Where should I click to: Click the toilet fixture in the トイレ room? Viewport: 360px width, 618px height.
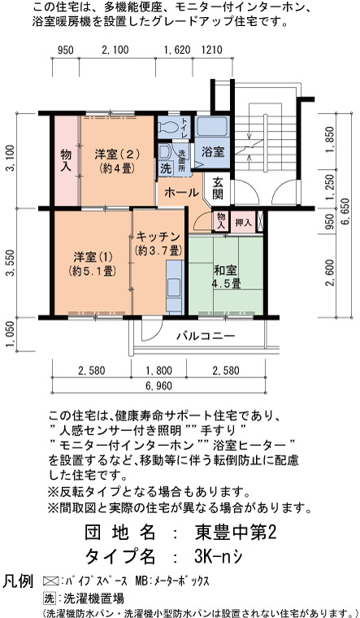click(x=168, y=127)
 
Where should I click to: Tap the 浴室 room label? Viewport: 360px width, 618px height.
click(x=213, y=152)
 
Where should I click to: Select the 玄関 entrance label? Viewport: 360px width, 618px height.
click(x=219, y=188)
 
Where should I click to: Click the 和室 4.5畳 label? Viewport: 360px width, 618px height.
click(x=226, y=276)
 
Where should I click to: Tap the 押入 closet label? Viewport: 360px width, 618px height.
click(x=243, y=223)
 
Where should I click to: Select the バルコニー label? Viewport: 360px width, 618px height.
click(x=206, y=336)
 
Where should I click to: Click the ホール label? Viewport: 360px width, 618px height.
click(x=181, y=193)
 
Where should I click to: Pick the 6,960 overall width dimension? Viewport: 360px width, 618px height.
click(x=158, y=385)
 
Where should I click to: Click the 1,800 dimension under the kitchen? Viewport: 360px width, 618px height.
click(x=158, y=371)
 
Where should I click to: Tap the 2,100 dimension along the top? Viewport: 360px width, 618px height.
click(x=115, y=50)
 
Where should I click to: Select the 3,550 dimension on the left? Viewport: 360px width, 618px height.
click(x=13, y=263)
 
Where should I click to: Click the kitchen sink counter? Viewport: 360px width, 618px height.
click(x=174, y=287)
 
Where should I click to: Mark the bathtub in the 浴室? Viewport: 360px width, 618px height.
click(x=212, y=126)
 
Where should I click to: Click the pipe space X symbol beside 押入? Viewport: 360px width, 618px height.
click(x=259, y=221)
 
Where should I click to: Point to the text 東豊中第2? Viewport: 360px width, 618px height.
click(x=236, y=533)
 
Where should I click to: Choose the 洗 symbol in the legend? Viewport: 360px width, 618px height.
click(x=48, y=598)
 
